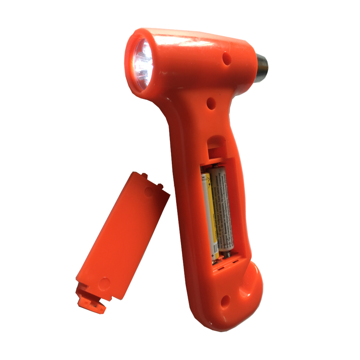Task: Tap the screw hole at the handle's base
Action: click(x=225, y=301)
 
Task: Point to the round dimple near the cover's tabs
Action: click(x=149, y=192)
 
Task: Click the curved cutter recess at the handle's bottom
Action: click(x=250, y=281)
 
